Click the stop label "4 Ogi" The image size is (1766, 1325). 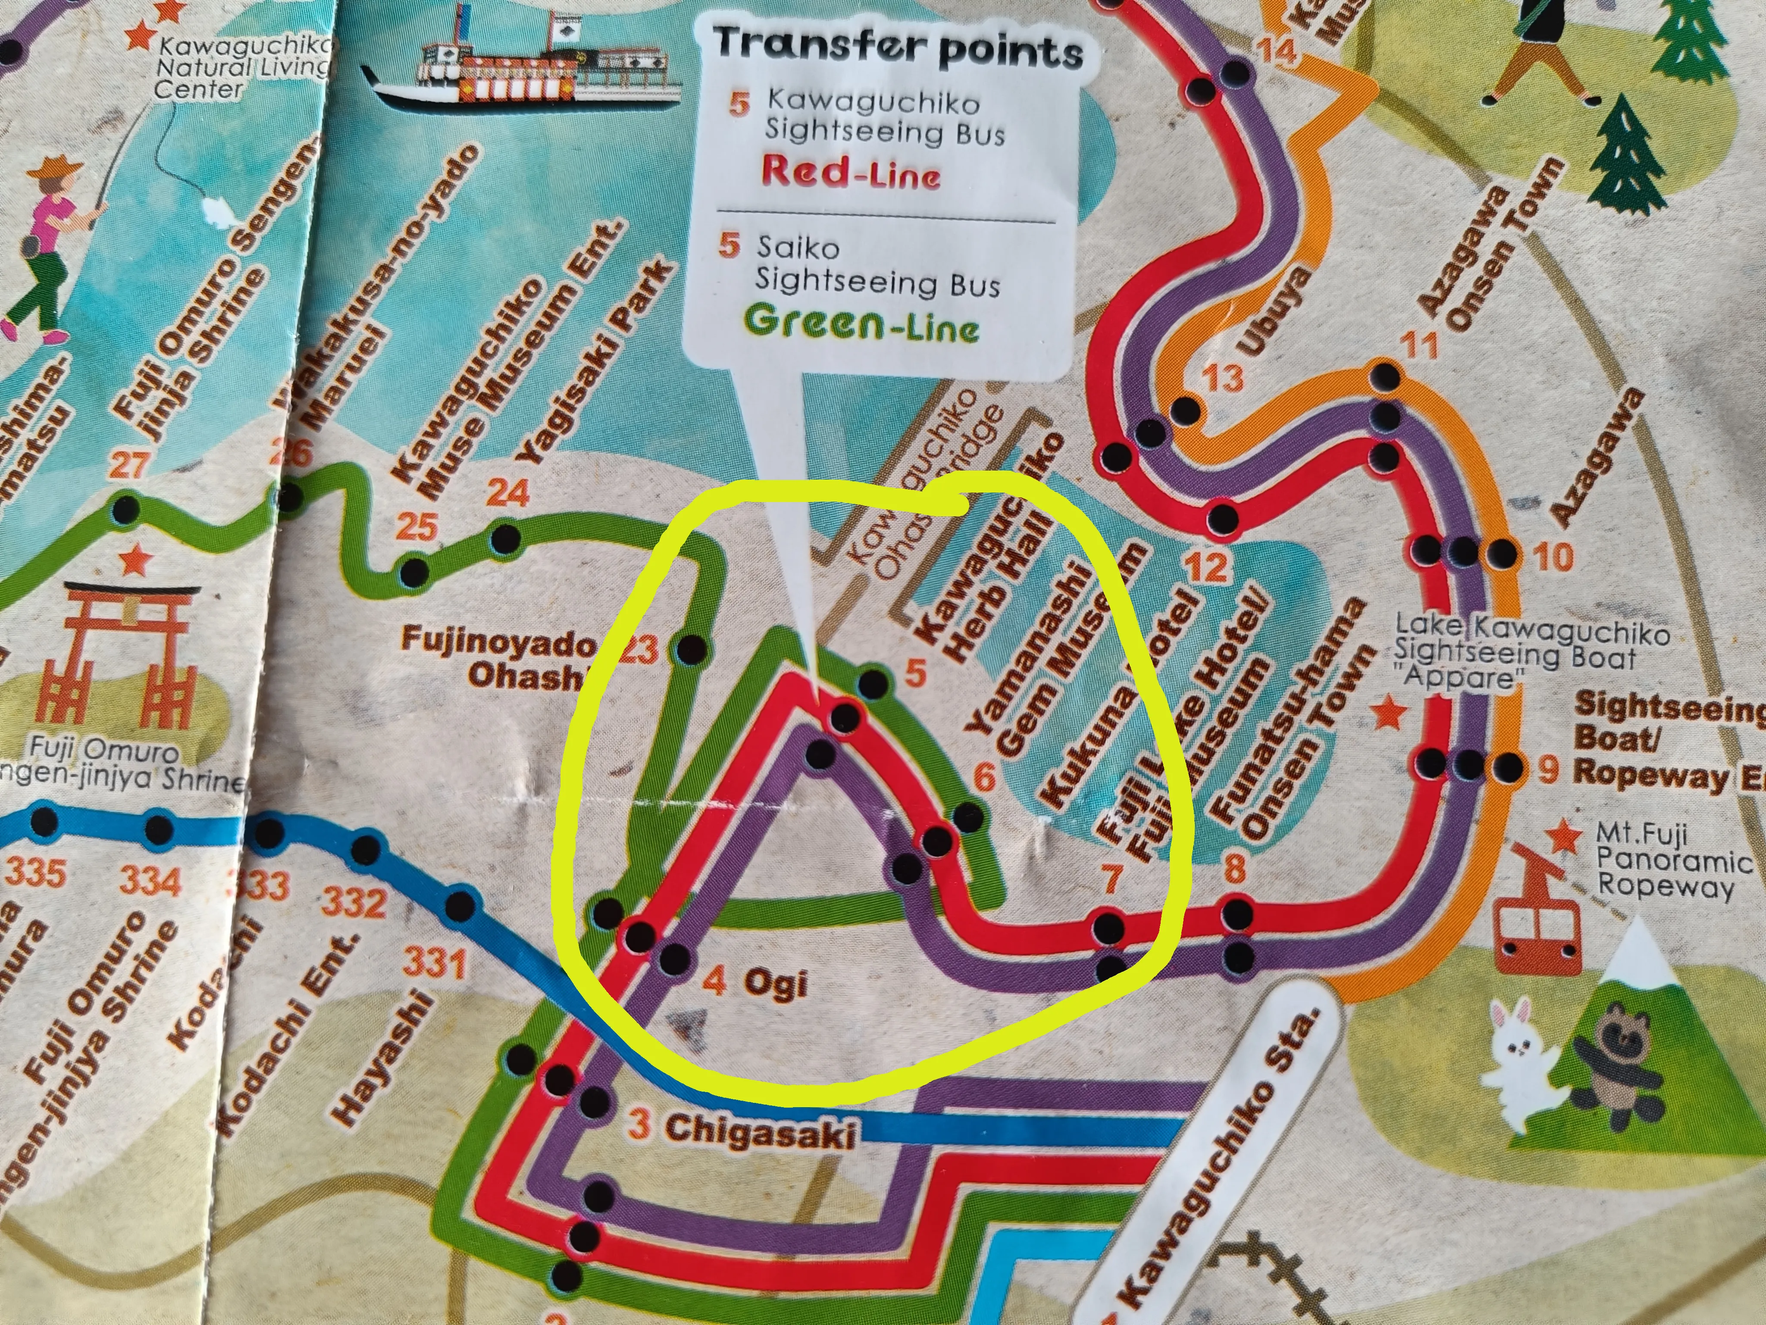[x=755, y=983]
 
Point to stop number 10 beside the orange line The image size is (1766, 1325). [x=1553, y=557]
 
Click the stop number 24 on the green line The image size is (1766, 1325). [x=508, y=493]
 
